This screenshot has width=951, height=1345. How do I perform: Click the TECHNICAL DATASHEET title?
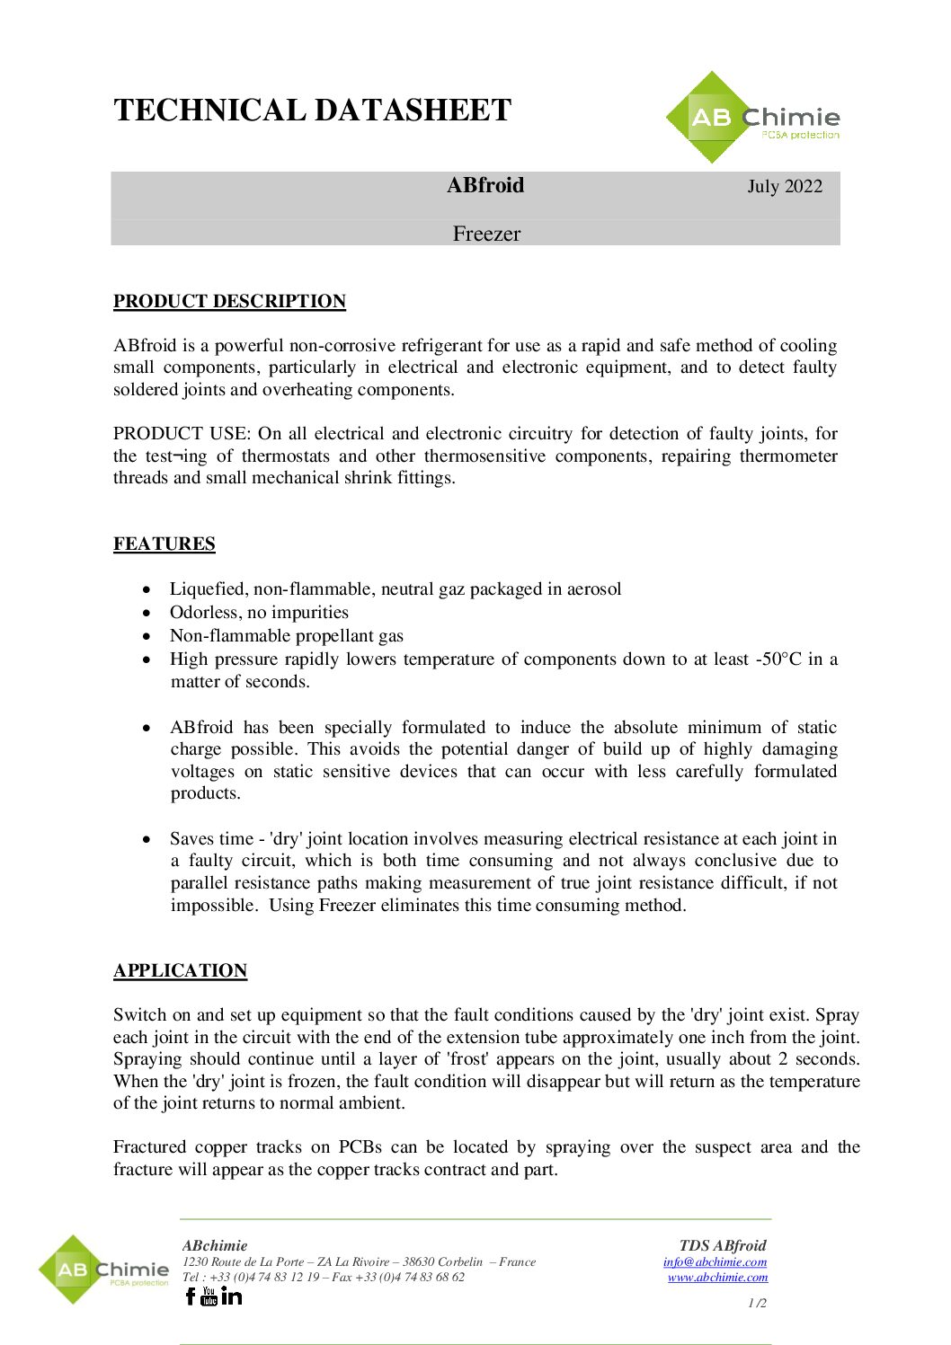coord(312,111)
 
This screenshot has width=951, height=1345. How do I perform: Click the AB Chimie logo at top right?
coord(753,118)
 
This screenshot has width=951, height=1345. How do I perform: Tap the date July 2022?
coord(785,186)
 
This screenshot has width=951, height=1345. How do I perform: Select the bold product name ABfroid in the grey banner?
coord(485,185)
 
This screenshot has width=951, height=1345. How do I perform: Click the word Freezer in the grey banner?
coord(486,234)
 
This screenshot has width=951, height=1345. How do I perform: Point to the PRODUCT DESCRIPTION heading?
coord(229,301)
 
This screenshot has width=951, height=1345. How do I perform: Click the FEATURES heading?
coord(164,544)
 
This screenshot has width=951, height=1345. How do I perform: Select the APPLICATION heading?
coord(180,970)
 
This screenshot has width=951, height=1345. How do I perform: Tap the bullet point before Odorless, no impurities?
coord(147,613)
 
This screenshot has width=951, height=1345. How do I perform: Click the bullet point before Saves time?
coord(147,839)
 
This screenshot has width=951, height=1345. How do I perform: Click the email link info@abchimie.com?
coord(715,1261)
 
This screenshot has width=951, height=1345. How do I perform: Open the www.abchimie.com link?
coord(717,1277)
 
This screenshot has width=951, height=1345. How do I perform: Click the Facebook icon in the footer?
coord(190,1296)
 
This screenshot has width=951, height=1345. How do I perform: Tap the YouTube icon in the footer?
coord(209,1296)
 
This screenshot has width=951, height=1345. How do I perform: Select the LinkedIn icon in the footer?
coord(231,1296)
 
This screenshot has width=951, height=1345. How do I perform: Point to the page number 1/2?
coord(757,1303)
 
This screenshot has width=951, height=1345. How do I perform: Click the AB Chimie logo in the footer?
coord(103,1270)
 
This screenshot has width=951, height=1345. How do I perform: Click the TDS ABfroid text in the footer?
coord(723,1245)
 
